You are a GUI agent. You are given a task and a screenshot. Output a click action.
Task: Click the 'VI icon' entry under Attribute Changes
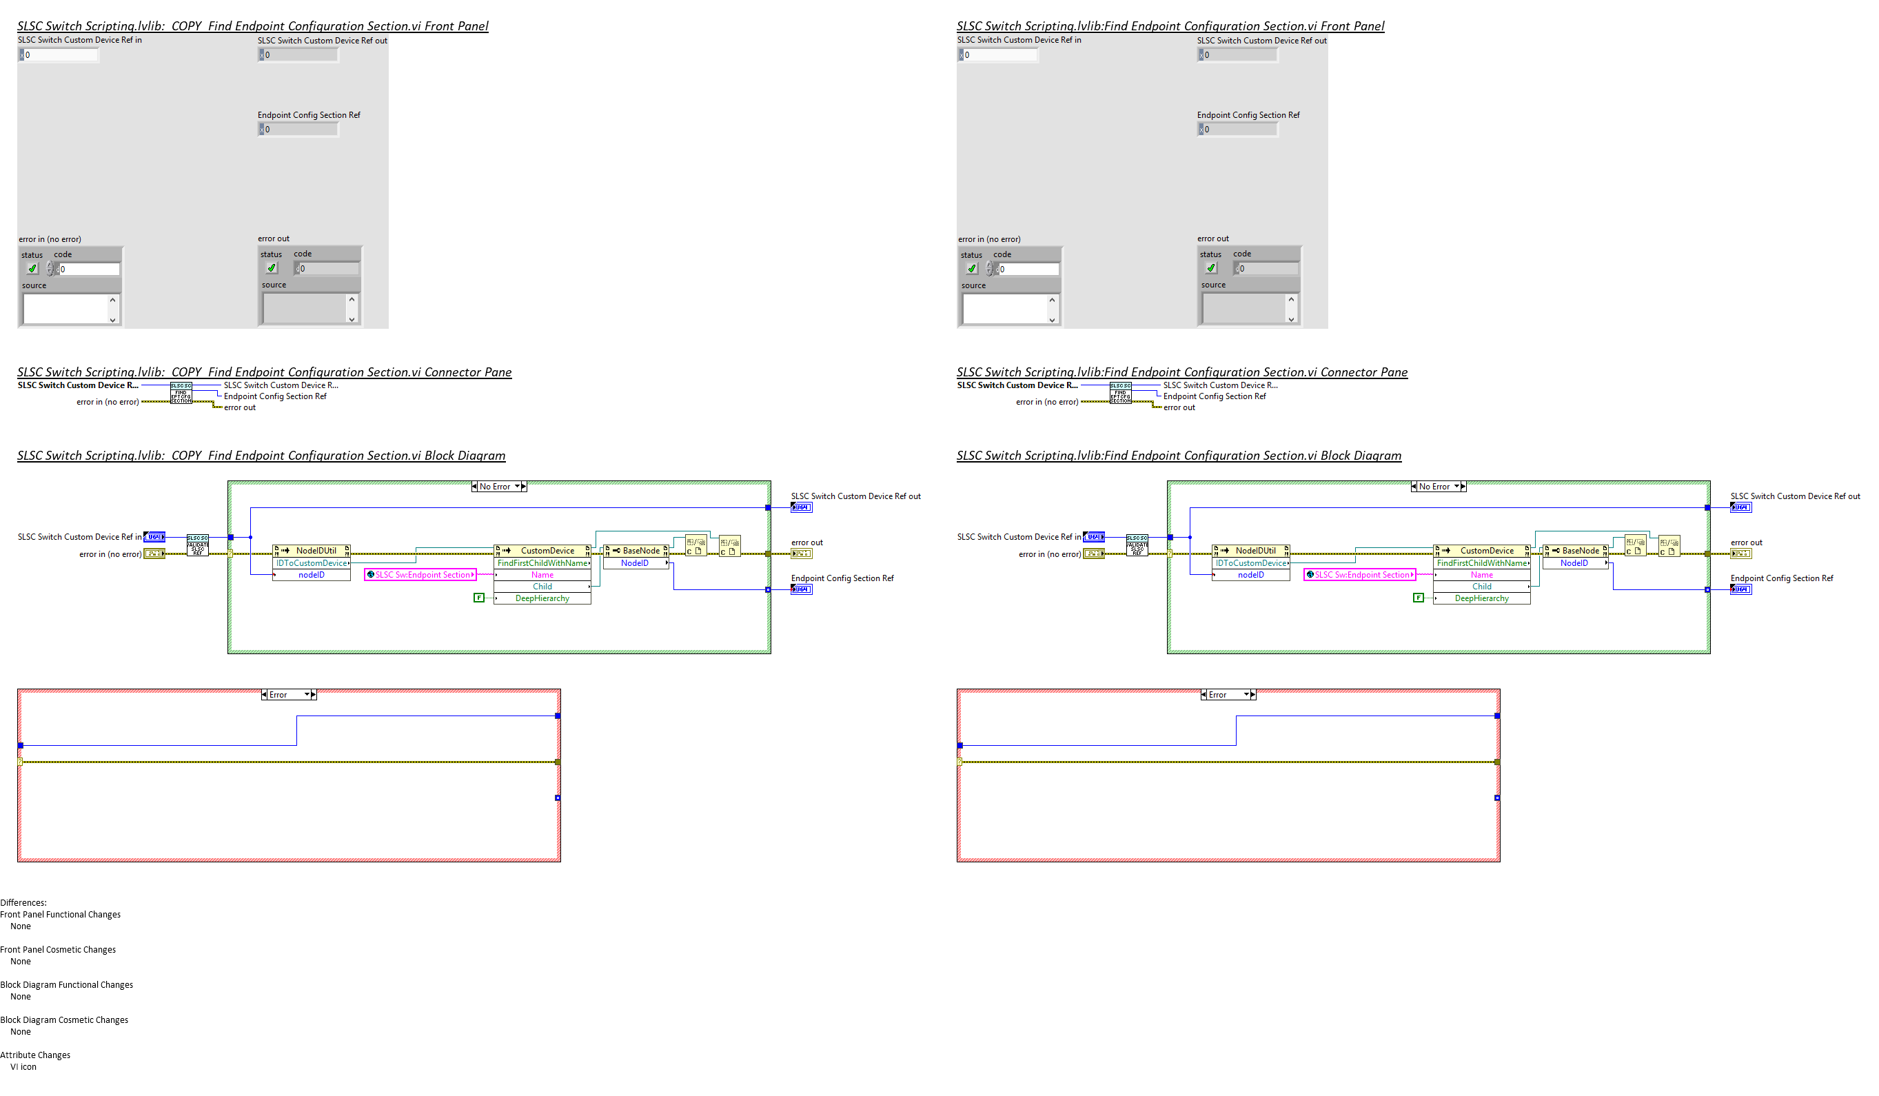tap(23, 1067)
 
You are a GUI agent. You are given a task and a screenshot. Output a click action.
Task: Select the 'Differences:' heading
tap(23, 902)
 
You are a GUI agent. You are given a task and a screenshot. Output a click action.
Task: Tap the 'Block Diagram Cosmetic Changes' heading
tap(64, 1020)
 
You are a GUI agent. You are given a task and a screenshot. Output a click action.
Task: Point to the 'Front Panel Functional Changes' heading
tap(61, 914)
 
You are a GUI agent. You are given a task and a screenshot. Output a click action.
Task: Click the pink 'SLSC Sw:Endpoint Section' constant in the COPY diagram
tap(420, 575)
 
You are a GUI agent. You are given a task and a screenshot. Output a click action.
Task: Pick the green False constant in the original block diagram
tap(1418, 598)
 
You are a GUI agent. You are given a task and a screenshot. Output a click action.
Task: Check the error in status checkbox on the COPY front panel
tap(32, 268)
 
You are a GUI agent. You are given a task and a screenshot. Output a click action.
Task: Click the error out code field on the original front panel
tap(1268, 268)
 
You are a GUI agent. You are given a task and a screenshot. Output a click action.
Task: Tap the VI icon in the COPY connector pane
tap(181, 393)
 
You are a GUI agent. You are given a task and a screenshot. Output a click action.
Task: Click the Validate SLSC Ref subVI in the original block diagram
tap(1137, 545)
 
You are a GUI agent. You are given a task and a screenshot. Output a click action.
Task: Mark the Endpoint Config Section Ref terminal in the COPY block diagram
tap(801, 589)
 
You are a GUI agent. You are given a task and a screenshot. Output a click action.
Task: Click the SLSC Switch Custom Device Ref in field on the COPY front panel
tap(60, 54)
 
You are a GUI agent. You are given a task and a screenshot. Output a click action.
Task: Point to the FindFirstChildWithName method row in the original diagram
tap(1481, 563)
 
